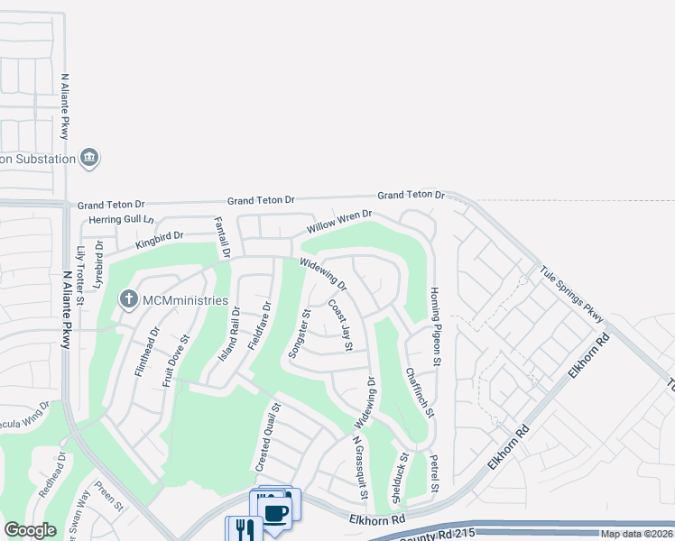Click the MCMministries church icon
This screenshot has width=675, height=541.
click(128, 298)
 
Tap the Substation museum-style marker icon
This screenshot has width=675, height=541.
click(88, 159)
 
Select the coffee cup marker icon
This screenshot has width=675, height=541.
click(275, 513)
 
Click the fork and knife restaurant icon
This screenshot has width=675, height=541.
click(243, 528)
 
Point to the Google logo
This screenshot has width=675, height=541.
click(31, 530)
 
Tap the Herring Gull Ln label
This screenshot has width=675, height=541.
click(121, 220)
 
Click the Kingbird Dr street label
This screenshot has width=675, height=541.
click(159, 239)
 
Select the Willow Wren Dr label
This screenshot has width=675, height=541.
click(339, 222)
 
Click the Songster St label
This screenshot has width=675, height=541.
click(299, 335)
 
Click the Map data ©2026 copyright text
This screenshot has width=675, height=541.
click(635, 534)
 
